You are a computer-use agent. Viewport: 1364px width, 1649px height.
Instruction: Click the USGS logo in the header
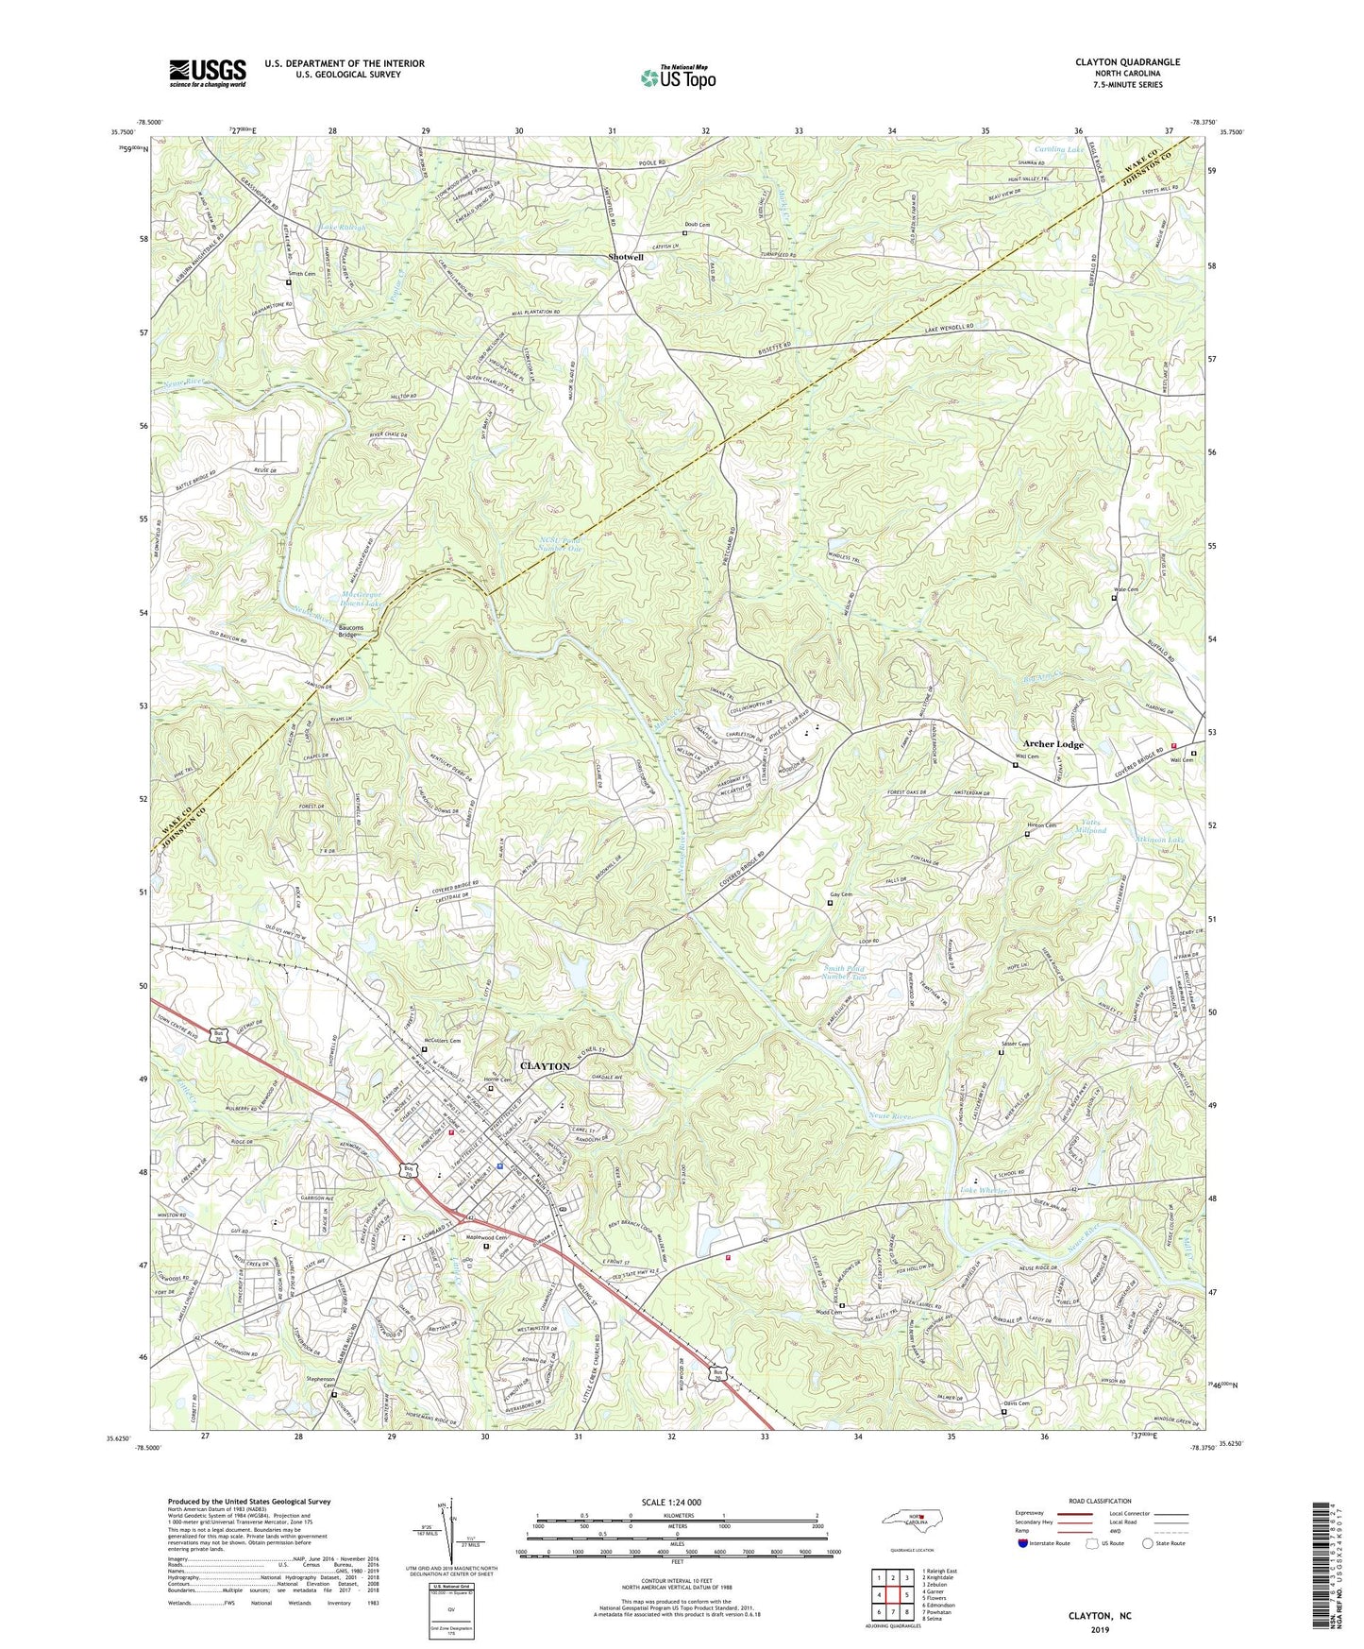point(208,72)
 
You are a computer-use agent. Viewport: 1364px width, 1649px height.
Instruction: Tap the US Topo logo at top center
point(677,77)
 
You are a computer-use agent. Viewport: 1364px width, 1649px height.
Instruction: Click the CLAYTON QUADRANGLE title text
point(1127,62)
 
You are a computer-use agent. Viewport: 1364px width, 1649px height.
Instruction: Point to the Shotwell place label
point(626,257)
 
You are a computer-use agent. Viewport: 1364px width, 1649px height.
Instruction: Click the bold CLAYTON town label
point(546,1065)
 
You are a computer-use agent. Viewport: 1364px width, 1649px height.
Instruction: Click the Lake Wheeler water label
point(984,1191)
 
